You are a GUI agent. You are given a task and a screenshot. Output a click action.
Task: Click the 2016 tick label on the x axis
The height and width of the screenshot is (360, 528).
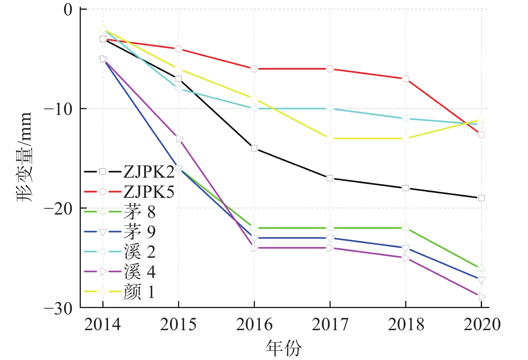coord(254,324)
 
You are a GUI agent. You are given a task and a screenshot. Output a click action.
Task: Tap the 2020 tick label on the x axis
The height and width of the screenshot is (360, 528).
coord(482,324)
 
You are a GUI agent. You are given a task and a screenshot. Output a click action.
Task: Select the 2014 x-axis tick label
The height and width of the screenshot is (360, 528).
coord(103,324)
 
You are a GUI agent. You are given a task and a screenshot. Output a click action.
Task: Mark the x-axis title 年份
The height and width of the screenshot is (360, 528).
coord(284,348)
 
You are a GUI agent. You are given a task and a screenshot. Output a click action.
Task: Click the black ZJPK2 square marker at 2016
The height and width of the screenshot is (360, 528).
coord(254,148)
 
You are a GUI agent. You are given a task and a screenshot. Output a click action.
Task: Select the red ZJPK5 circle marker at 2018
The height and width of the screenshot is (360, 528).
coord(406,79)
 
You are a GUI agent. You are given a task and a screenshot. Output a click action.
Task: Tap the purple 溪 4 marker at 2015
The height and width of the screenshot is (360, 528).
coord(179,138)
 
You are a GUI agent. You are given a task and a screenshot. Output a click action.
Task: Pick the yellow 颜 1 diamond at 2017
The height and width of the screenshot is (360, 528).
coord(330,138)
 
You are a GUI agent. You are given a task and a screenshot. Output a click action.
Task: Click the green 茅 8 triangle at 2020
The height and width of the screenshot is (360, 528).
coord(481,267)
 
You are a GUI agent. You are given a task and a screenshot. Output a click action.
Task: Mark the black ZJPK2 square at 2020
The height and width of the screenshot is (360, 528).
coord(481,198)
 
